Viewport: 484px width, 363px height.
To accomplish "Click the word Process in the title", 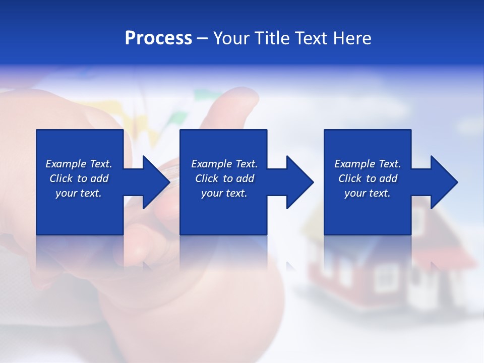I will pyautogui.click(x=158, y=38).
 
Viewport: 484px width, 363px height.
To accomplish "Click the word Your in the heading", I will pyautogui.click(x=231, y=38).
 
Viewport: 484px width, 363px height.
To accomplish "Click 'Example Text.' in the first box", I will pyautogui.click(x=79, y=164).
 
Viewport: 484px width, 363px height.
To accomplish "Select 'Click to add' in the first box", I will pyautogui.click(x=79, y=178).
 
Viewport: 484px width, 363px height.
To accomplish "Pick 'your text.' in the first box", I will pyautogui.click(x=79, y=193).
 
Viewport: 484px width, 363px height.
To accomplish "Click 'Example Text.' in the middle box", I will pyautogui.click(x=224, y=164).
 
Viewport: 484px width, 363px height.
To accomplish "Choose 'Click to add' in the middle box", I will pyautogui.click(x=224, y=178).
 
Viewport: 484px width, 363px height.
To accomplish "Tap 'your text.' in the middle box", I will pyautogui.click(x=224, y=193).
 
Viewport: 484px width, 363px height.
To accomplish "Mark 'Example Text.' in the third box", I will pyautogui.click(x=368, y=164).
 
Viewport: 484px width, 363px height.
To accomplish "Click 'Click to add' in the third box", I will pyautogui.click(x=368, y=178).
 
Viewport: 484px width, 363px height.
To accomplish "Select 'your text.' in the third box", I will pyautogui.click(x=368, y=193).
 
